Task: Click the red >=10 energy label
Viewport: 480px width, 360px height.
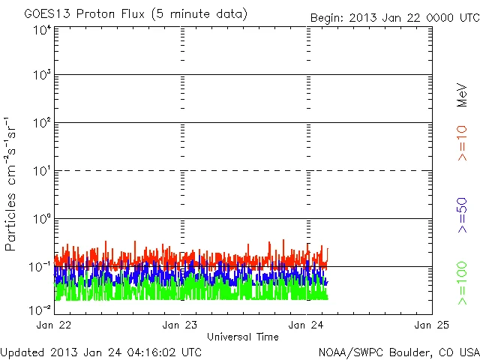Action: pyautogui.click(x=463, y=142)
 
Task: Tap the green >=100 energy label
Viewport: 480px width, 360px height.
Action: pyautogui.click(x=463, y=283)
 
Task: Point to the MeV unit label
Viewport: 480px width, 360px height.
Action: pyautogui.click(x=463, y=94)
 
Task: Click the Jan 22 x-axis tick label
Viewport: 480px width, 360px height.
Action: pyautogui.click(x=55, y=325)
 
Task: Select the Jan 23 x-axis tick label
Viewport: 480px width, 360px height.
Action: pyautogui.click(x=180, y=325)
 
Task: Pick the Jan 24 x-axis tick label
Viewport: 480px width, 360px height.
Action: pyautogui.click(x=306, y=325)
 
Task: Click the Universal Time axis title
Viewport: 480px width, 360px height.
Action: pyautogui.click(x=242, y=337)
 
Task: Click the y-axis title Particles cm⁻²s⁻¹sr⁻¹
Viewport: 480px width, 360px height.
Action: pyautogui.click(x=10, y=184)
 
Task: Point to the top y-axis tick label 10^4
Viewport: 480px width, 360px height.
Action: pyautogui.click(x=42, y=30)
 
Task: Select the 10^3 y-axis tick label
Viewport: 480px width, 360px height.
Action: pyautogui.click(x=42, y=76)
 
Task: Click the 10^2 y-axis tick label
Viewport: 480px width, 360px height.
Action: pyautogui.click(x=42, y=124)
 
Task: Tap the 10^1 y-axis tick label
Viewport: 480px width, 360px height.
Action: pyautogui.click(x=42, y=172)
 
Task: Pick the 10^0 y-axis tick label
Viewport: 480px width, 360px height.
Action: pyautogui.click(x=42, y=220)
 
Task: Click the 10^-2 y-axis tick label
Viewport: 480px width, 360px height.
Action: pyautogui.click(x=40, y=309)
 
